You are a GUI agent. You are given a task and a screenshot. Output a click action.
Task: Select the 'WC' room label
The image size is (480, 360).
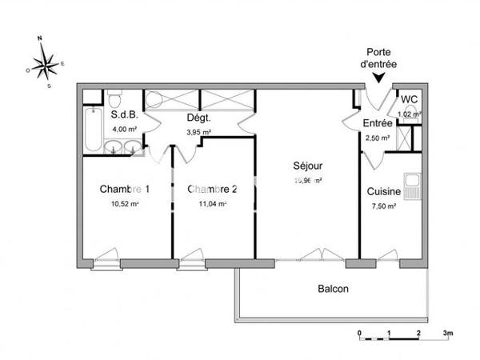(x=409, y=99)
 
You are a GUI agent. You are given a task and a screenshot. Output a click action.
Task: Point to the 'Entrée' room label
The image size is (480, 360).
(x=378, y=123)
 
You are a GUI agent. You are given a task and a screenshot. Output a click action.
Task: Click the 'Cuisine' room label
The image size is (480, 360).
(x=383, y=191)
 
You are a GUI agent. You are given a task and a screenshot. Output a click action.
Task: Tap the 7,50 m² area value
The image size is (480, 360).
(x=383, y=206)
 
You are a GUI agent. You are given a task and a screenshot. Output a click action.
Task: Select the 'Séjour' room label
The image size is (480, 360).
(x=307, y=166)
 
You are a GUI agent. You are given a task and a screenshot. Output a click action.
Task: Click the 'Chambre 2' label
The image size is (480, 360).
(x=212, y=190)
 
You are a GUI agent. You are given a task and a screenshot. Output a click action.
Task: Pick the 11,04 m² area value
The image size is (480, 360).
(x=212, y=204)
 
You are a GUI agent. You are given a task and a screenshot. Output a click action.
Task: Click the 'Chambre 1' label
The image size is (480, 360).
(x=124, y=190)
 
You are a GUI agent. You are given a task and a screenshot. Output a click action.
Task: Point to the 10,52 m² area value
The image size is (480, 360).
(x=124, y=204)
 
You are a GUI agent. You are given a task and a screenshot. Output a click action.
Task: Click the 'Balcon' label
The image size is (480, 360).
(x=333, y=289)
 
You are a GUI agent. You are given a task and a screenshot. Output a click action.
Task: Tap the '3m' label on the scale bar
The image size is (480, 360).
(x=448, y=331)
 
